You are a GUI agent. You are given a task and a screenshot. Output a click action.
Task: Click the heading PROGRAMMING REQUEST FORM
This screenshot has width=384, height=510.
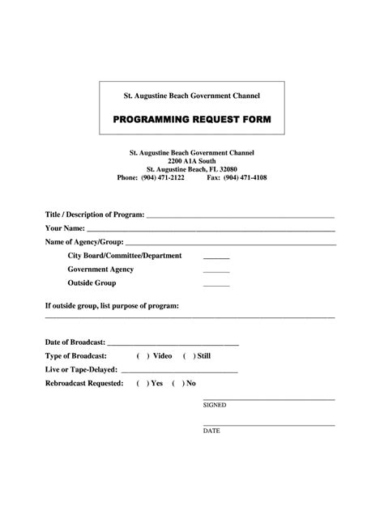click(x=192, y=120)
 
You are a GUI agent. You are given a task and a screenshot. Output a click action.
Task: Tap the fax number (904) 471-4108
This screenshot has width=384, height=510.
click(x=245, y=177)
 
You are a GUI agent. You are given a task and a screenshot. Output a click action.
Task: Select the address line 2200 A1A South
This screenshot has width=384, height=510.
click(x=192, y=160)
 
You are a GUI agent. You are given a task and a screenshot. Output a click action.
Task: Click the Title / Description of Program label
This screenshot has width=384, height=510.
click(x=95, y=215)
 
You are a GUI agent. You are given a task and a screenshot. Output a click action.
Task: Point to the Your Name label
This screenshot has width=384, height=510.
click(x=70, y=228)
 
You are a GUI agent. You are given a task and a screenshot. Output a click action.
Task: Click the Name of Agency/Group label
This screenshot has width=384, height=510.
click(x=84, y=242)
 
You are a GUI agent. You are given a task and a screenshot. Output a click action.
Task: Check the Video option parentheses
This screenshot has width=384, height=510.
click(x=142, y=356)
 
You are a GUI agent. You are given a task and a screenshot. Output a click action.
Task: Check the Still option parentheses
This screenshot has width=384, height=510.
click(x=189, y=356)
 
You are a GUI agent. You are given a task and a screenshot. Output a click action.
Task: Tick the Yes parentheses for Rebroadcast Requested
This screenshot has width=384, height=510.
click(x=142, y=383)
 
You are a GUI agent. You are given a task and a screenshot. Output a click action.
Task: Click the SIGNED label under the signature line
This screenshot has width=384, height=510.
click(x=215, y=404)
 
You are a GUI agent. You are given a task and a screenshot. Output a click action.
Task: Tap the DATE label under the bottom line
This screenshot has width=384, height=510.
click(x=211, y=431)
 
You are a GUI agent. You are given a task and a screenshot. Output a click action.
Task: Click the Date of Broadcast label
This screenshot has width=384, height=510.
click(x=75, y=342)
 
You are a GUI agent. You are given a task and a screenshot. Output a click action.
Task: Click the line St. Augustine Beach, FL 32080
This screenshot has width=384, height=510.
click(x=192, y=168)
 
